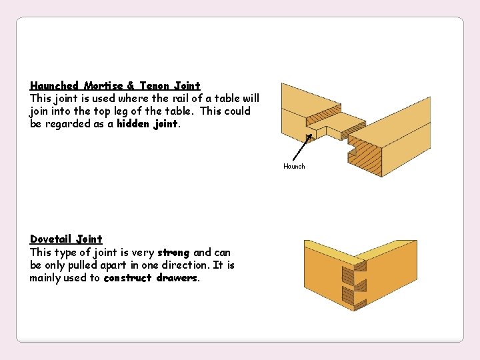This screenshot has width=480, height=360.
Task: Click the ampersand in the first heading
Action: (x=131, y=86)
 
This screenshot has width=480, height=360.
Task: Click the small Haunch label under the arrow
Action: (x=294, y=167)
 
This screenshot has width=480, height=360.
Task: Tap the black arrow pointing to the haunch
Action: (x=301, y=148)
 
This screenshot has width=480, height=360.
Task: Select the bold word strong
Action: (x=173, y=253)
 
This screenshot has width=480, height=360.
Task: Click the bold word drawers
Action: (x=177, y=278)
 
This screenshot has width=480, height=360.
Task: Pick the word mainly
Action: (x=45, y=278)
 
